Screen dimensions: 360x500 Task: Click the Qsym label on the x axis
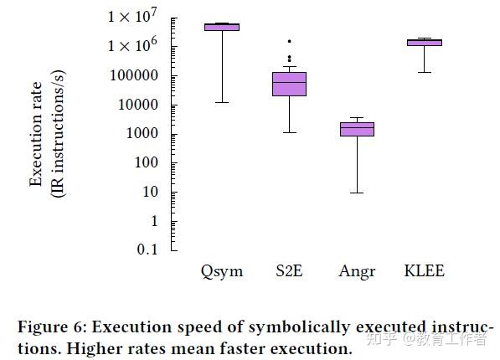click(222, 271)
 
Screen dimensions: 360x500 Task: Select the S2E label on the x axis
click(289, 271)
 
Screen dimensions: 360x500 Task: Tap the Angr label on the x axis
click(357, 271)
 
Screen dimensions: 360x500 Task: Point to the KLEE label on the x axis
click(424, 271)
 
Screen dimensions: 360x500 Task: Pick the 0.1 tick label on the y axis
click(149, 249)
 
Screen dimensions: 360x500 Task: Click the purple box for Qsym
click(222, 27)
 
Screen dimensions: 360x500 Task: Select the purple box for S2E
click(289, 84)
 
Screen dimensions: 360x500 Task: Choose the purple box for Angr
click(357, 129)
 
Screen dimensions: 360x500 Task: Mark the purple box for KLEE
click(424, 42)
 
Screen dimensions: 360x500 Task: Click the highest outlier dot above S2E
click(289, 41)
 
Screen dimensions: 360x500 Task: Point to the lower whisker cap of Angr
click(357, 193)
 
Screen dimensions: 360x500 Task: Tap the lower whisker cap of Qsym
click(222, 102)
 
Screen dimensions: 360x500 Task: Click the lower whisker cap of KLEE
click(424, 72)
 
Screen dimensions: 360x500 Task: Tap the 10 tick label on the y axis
click(149, 192)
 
